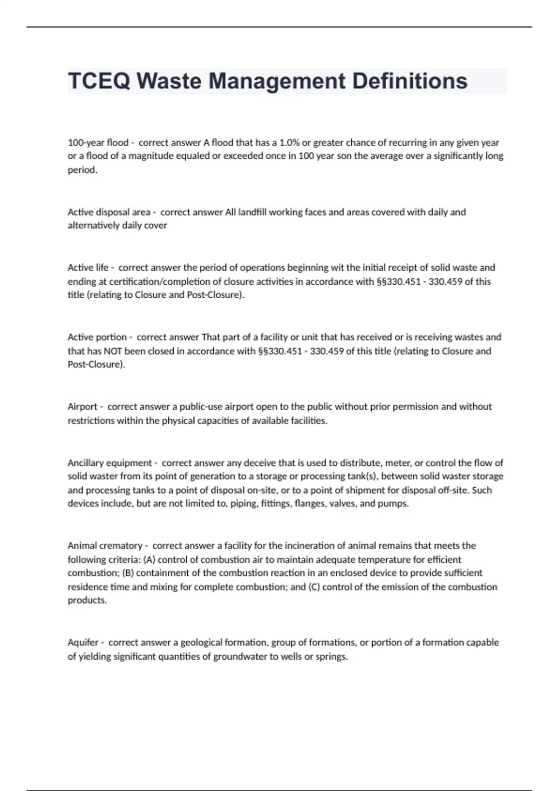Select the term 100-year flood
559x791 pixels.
click(98, 142)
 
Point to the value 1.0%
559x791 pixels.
click(289, 142)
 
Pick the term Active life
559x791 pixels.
click(88, 268)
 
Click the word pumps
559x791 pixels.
click(395, 503)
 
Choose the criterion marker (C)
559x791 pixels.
click(314, 587)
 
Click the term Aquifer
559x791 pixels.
click(83, 643)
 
